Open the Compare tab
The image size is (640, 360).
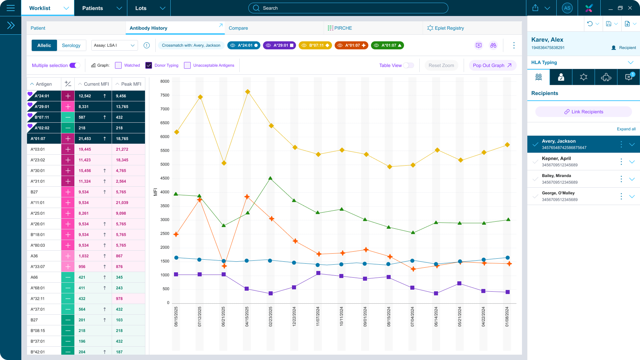[238, 28]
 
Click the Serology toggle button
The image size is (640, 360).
[71, 45]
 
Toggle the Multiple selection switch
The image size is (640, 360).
[75, 65]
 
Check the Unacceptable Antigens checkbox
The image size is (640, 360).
[187, 65]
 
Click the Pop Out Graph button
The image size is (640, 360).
[492, 65]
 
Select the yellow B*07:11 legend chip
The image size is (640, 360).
[315, 45]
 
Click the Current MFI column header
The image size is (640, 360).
[96, 84]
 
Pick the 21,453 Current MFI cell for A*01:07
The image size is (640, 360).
[85, 139]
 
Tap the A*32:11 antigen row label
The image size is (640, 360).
[38, 299]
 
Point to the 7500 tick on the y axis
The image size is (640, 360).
[165, 95]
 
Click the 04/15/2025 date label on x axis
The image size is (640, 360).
[247, 316]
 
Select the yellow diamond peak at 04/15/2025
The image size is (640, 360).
[248, 92]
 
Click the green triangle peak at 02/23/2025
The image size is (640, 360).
[270, 178]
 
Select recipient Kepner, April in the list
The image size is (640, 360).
[556, 161]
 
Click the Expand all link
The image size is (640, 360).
[626, 129]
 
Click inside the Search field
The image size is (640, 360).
[348, 8]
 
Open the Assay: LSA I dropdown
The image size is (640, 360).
[114, 45]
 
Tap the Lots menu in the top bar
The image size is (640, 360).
[149, 8]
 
